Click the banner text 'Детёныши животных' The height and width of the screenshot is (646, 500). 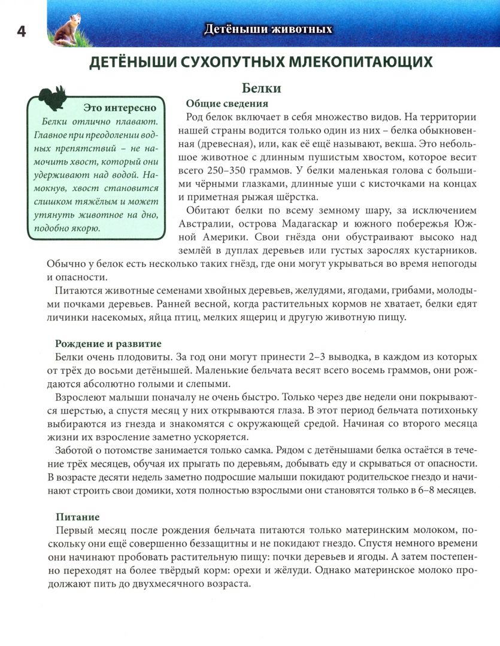(x=268, y=29)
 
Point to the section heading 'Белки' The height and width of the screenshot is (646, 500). (x=262, y=89)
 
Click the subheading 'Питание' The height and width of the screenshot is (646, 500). (x=77, y=516)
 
